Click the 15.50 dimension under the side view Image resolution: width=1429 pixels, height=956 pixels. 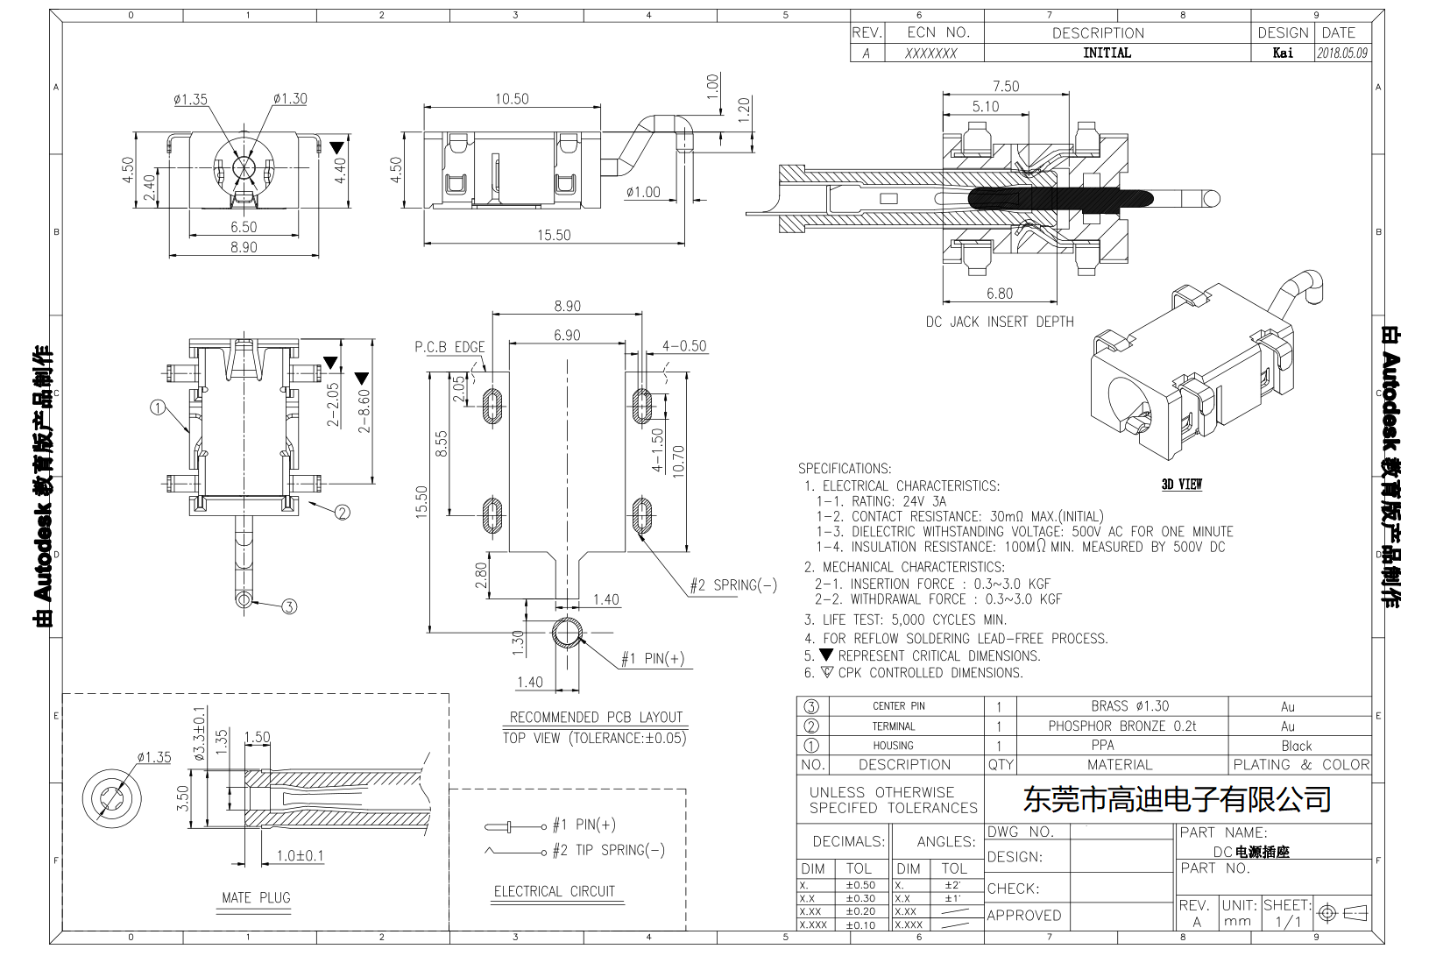tap(553, 235)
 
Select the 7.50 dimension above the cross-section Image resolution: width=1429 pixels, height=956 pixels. tap(1005, 86)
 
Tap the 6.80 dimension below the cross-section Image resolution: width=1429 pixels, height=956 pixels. tap(999, 294)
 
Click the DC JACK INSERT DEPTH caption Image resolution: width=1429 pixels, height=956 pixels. tap(999, 322)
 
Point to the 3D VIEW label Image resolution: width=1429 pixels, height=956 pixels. tap(1181, 484)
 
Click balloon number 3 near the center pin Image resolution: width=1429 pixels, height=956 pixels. tap(289, 605)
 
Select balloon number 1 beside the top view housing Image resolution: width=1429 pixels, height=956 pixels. tap(158, 407)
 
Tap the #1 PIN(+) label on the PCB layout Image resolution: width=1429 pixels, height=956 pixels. tap(652, 659)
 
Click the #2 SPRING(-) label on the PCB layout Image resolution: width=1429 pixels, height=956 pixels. tap(732, 585)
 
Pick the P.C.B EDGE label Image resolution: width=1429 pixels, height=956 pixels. tap(449, 347)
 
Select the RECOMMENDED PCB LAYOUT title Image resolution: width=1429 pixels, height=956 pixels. tap(596, 717)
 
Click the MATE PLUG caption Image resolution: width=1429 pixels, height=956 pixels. tap(256, 897)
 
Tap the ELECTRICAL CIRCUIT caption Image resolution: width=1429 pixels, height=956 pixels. tap(554, 891)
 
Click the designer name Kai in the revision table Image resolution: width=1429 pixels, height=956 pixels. tap(1282, 53)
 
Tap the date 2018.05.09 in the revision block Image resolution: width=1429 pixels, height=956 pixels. tap(1341, 53)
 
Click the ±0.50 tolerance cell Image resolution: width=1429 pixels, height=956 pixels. tap(860, 885)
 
